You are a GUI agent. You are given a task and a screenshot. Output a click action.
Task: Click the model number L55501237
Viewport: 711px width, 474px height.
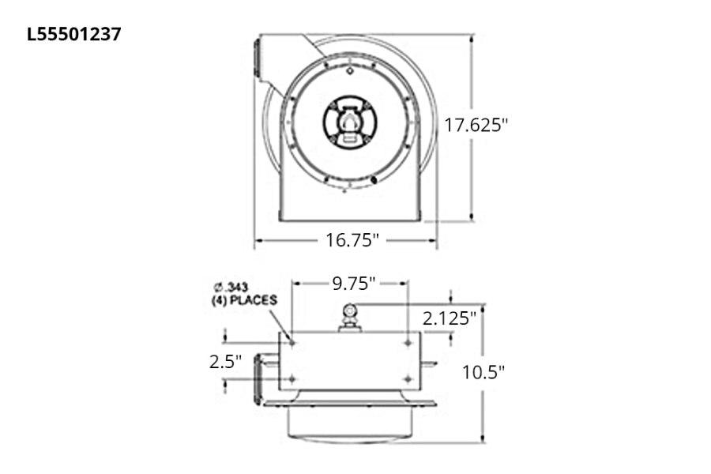[x=74, y=34]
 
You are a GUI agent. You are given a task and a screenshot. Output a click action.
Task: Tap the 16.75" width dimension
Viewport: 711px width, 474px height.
[x=353, y=240]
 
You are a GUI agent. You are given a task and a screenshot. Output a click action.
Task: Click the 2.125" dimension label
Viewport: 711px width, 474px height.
[x=449, y=318]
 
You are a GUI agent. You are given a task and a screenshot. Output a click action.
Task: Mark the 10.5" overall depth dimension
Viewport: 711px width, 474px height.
[x=483, y=371]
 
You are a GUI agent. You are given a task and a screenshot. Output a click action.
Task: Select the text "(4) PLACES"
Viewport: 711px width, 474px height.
[x=244, y=300]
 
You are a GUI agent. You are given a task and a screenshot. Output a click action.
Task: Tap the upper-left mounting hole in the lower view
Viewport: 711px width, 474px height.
[x=292, y=343]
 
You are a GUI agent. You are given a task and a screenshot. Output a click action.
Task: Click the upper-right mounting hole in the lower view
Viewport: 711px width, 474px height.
[x=408, y=343]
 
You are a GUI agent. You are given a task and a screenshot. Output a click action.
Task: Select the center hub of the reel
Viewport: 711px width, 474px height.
[x=349, y=122]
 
